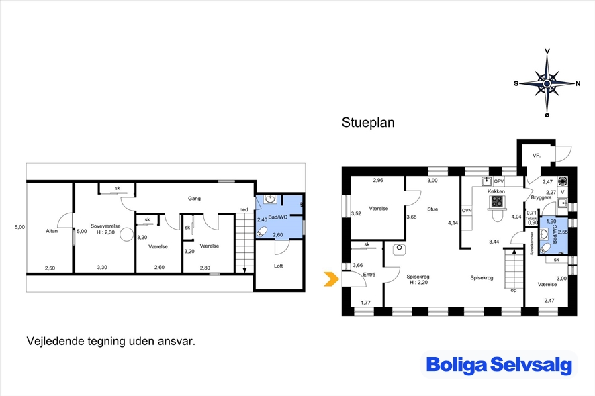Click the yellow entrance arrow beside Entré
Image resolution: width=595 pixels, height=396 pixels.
point(332,279)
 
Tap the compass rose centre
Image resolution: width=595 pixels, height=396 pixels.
point(547,83)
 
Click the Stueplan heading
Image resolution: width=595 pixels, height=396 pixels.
point(368,123)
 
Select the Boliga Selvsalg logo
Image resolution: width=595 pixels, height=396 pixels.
point(499,364)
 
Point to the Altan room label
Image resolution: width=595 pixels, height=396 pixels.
point(52,231)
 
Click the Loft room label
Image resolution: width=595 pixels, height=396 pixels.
point(279,266)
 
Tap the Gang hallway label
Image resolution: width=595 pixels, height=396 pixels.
point(194,199)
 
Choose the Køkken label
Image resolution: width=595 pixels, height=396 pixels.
point(496,191)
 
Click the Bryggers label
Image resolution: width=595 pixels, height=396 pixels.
point(541,197)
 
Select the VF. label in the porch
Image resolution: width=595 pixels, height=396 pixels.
point(536,156)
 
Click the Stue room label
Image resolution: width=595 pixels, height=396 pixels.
point(432,209)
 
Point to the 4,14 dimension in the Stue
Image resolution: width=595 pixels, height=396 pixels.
point(453,223)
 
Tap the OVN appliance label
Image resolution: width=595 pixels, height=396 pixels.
point(467,211)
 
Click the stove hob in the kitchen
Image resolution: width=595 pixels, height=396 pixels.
point(497,201)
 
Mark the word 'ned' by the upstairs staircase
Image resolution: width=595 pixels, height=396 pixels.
point(244,209)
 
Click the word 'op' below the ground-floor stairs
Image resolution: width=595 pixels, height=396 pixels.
point(514,291)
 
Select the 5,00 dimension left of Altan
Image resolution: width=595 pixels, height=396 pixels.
point(19,227)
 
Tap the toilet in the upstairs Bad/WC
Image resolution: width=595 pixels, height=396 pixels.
point(262,232)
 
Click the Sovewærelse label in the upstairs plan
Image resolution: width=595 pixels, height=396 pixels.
point(105,226)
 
